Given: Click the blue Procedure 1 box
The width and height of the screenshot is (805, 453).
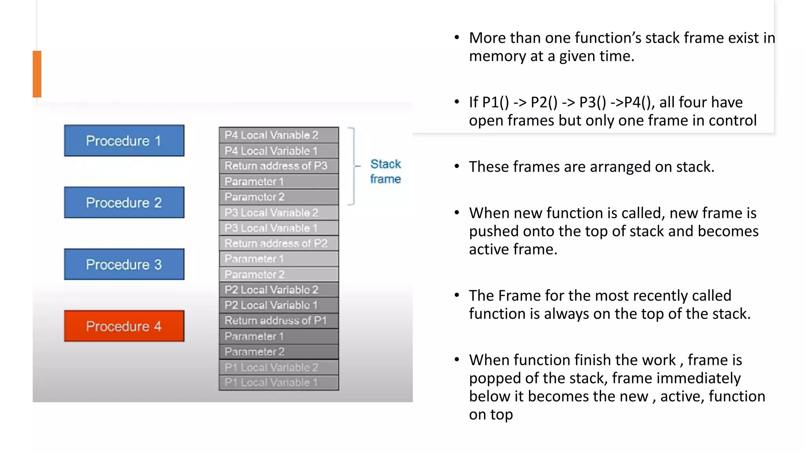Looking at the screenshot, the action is (124, 140).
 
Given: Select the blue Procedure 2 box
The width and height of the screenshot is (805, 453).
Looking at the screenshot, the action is (124, 203).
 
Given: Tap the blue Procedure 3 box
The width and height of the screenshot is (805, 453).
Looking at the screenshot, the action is (124, 264).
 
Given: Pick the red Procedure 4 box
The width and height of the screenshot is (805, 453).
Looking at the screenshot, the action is (124, 326).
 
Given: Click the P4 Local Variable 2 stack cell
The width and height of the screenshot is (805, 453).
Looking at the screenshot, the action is (279, 135).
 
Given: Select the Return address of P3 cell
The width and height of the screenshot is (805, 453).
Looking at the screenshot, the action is (279, 166).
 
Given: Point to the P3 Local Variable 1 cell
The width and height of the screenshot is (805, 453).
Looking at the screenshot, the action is (279, 228).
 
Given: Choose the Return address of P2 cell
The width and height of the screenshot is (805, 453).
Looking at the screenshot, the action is (279, 243).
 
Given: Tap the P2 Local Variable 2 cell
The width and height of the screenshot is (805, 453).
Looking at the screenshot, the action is (279, 290).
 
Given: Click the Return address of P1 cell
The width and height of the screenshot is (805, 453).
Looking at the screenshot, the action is (279, 320).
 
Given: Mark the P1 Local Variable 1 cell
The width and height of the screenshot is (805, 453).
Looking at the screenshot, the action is (279, 382).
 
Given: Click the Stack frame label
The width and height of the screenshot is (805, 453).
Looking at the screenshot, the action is (385, 171).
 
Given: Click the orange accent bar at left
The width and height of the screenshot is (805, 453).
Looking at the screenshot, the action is (37, 74).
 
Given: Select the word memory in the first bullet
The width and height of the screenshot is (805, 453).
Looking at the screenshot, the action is (497, 56).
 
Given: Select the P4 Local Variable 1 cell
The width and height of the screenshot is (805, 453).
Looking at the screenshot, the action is (279, 151).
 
